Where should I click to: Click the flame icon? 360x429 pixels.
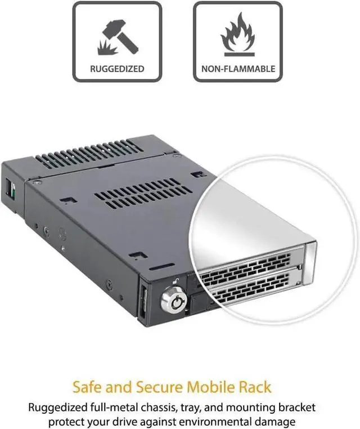(x=237, y=34)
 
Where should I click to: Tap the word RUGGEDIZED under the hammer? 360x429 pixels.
(x=117, y=69)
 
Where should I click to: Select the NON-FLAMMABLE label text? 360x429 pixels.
(x=238, y=69)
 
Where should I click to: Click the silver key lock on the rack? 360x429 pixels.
(x=172, y=301)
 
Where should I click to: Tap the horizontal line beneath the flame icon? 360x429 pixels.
(x=237, y=54)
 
